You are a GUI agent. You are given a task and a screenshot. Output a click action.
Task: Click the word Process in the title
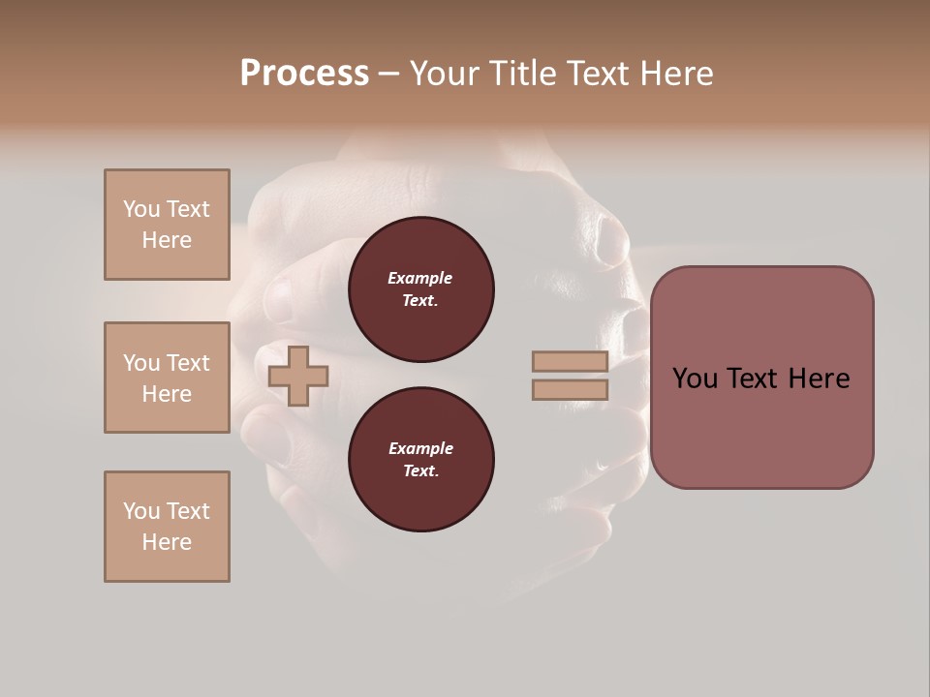point(304,74)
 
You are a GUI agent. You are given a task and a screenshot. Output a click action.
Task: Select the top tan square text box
point(167,225)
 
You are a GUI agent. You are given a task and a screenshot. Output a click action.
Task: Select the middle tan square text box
point(167,378)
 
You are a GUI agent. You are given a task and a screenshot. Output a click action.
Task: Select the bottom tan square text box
point(167,527)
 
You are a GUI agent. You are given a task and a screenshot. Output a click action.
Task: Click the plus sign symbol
point(298,376)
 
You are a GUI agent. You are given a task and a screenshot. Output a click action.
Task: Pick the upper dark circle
point(421,289)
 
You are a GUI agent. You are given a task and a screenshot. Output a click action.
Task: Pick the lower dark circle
point(421,460)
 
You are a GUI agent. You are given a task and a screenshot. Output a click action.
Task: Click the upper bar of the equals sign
point(570,361)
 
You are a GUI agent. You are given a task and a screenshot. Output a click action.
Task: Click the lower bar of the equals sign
point(570,390)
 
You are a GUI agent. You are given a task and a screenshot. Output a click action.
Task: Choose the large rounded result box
point(761,426)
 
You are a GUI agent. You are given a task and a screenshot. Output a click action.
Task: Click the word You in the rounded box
point(695,379)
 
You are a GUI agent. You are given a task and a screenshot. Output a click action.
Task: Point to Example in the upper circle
point(420,279)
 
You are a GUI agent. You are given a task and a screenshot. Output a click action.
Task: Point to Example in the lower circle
point(420,449)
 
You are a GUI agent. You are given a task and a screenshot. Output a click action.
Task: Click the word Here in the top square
point(167,240)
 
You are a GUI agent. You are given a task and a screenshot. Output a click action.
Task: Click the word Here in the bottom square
point(167,542)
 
